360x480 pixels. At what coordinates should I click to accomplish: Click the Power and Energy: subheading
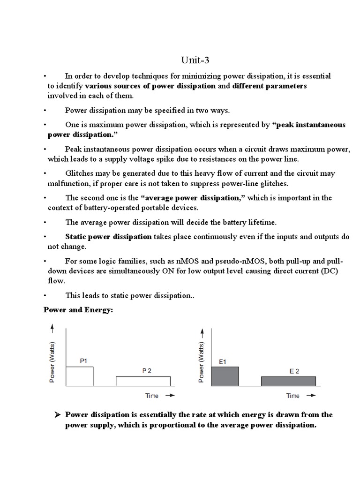78,310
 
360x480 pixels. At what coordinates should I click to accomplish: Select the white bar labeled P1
79,376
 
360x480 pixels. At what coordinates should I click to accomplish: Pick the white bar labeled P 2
143,381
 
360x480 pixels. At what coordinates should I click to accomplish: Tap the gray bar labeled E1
225,376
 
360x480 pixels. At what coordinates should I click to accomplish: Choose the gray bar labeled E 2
288,381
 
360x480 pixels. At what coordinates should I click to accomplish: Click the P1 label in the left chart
83,361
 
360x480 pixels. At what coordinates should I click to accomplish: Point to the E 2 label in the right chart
294,371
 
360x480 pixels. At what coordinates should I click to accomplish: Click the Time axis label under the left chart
152,396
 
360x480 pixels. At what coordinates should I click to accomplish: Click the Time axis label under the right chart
293,396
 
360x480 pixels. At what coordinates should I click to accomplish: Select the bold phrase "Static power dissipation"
108,237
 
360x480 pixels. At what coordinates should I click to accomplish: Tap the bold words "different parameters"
270,86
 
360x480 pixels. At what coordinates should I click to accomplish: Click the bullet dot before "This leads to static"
45,296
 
